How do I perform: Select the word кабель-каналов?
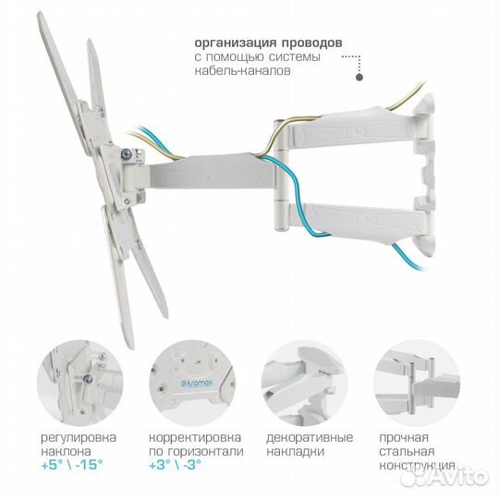click(x=242, y=70)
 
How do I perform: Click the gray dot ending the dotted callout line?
click(x=359, y=77)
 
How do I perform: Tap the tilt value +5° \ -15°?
click(x=72, y=465)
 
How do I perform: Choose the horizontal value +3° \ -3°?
click(x=175, y=465)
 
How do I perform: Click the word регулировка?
click(x=79, y=438)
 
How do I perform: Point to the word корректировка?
click(x=195, y=438)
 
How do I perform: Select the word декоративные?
click(x=310, y=438)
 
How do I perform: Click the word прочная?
click(x=404, y=438)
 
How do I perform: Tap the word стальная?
click(x=407, y=451)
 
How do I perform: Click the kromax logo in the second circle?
click(x=197, y=383)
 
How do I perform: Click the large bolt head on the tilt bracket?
click(x=127, y=154)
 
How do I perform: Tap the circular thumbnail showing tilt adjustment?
click(x=79, y=383)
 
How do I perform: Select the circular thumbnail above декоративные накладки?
click(x=305, y=383)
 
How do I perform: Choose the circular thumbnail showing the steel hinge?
click(x=417, y=383)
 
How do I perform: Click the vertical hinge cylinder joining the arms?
click(x=281, y=175)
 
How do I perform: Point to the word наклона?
click(x=66, y=452)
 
